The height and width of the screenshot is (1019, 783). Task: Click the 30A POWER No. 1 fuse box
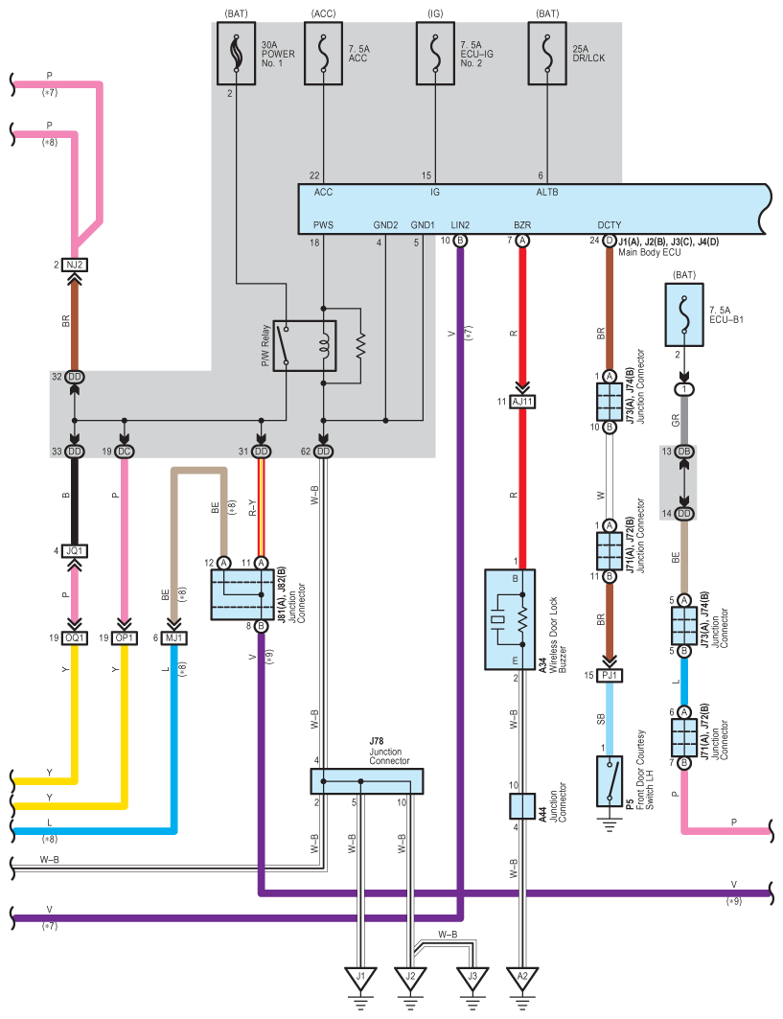(x=236, y=54)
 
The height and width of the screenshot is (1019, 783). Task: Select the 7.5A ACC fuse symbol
(x=324, y=54)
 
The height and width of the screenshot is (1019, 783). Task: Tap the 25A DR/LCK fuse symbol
(x=547, y=54)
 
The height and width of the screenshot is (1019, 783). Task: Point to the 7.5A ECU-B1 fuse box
(x=683, y=314)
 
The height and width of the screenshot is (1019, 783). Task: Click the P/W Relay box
(x=305, y=346)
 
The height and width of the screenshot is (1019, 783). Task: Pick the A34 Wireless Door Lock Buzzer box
(x=510, y=619)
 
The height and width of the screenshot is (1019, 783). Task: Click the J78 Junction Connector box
(x=366, y=781)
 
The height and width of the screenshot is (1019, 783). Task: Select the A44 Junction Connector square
(x=522, y=806)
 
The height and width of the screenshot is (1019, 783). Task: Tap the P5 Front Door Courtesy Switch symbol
(x=610, y=781)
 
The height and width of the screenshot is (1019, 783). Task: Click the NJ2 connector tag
(x=75, y=265)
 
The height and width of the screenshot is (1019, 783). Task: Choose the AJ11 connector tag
(x=522, y=402)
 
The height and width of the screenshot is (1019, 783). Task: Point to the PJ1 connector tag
(x=610, y=675)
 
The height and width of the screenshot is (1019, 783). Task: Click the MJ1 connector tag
(x=173, y=637)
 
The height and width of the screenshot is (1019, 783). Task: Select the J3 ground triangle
(x=472, y=977)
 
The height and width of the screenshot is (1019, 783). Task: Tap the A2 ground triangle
(x=522, y=977)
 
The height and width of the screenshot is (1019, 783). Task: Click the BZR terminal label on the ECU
(x=522, y=225)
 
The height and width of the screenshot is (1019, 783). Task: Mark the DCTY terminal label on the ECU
(x=610, y=225)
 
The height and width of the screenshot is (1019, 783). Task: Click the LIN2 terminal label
(x=460, y=225)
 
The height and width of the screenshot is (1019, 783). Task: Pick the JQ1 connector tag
(x=75, y=550)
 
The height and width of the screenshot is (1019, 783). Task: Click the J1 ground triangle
(x=360, y=977)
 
